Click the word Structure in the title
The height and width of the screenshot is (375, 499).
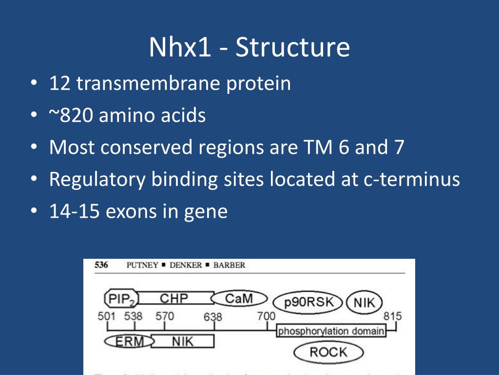tap(292, 47)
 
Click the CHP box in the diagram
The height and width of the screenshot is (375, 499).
tap(174, 298)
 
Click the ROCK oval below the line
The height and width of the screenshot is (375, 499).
tap(328, 352)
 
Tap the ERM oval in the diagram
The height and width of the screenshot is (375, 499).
tap(129, 341)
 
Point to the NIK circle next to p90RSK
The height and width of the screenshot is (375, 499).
tap(365, 303)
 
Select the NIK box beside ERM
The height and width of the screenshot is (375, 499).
tap(183, 341)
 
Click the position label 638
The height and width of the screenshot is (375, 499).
tap(213, 317)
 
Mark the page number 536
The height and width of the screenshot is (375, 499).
tap(101, 265)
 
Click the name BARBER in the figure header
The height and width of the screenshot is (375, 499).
tap(230, 265)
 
